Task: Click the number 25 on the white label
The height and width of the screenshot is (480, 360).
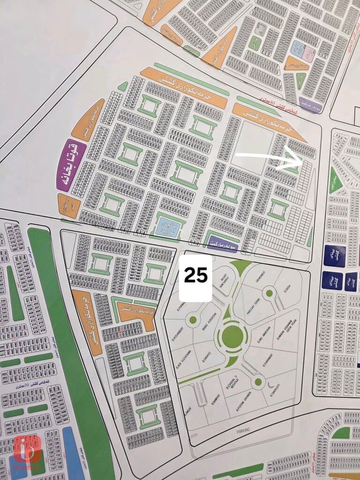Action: pyautogui.click(x=195, y=276)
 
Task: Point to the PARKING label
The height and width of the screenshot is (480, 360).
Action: pyautogui.click(x=243, y=429)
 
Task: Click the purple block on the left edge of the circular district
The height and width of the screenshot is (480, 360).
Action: pyautogui.click(x=71, y=165)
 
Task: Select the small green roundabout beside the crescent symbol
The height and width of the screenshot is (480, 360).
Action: pyautogui.click(x=257, y=382)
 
